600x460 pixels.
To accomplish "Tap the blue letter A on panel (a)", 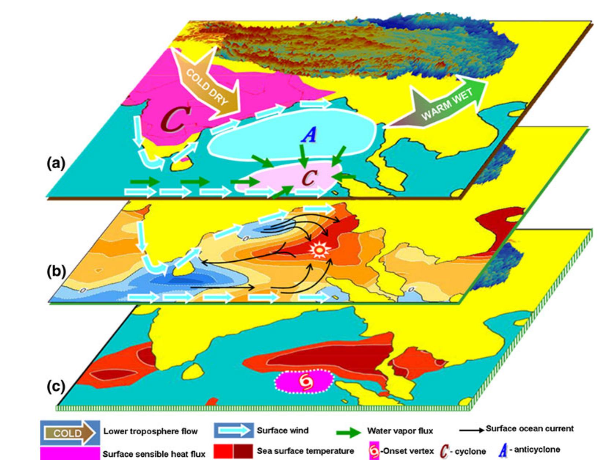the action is [x=309, y=136].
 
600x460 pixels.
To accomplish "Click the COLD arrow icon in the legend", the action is [x=69, y=433].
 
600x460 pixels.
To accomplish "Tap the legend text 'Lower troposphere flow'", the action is [x=150, y=431].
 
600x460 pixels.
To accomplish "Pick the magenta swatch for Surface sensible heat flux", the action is [x=69, y=453].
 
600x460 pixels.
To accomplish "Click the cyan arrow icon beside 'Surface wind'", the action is [x=233, y=431].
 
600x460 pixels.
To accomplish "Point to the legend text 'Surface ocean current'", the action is [x=530, y=428].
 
